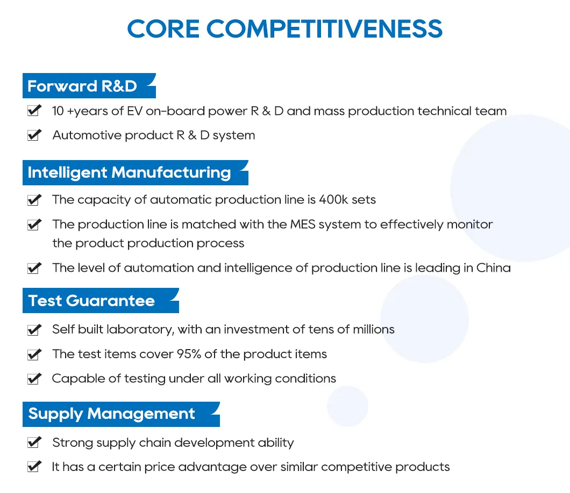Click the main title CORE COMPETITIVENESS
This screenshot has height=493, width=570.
click(x=285, y=29)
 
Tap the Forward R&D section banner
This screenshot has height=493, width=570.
click(x=86, y=86)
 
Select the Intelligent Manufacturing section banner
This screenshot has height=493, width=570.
click(x=132, y=173)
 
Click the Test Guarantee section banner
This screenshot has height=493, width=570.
click(x=97, y=301)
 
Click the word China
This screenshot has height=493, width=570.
click(x=493, y=267)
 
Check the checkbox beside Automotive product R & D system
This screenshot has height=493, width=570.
click(x=34, y=135)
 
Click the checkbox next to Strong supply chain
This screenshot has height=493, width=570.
click(x=34, y=443)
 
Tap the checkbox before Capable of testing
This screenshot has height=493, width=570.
click(x=34, y=379)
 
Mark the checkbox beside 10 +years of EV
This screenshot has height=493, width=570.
click(x=34, y=111)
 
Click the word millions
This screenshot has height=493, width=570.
click(x=373, y=329)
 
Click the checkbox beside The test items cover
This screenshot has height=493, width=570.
click(x=34, y=354)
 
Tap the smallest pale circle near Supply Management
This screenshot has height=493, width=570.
click(x=347, y=406)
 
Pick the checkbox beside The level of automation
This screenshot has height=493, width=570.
click(x=34, y=267)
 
